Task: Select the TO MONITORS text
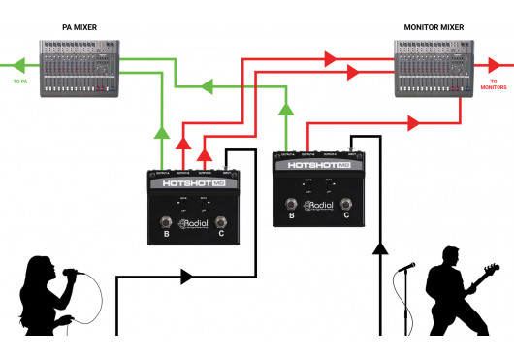(x=495, y=86)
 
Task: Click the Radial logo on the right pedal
(x=319, y=206)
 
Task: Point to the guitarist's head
(x=447, y=258)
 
